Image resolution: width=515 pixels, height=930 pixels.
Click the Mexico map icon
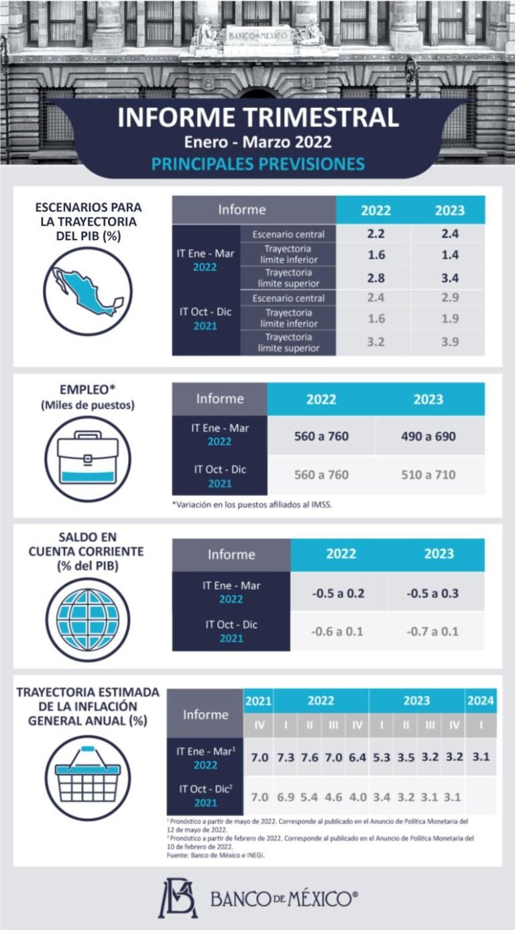pyautogui.click(x=88, y=291)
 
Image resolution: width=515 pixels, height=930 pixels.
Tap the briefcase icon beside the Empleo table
pyautogui.click(x=88, y=459)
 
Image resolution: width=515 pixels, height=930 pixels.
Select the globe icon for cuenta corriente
pyautogui.click(x=88, y=619)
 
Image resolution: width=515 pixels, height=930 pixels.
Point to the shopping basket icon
pyautogui.click(x=88, y=778)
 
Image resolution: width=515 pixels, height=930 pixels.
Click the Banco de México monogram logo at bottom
pyautogui.click(x=178, y=899)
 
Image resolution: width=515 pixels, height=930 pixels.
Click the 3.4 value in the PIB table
pyautogui.click(x=450, y=278)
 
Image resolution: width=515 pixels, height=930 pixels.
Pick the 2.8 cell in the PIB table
pyautogui.click(x=376, y=278)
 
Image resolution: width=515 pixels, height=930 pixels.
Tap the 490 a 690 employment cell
pyautogui.click(x=428, y=436)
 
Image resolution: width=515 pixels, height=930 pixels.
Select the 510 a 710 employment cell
pyautogui.click(x=428, y=474)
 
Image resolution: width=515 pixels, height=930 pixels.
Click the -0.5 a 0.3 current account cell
pyautogui.click(x=433, y=593)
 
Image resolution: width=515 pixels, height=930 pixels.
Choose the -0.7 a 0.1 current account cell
pyautogui.click(x=433, y=631)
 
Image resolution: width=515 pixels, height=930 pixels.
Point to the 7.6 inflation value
pyautogui.click(x=310, y=758)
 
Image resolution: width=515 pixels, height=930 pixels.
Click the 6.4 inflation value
pyautogui.click(x=357, y=758)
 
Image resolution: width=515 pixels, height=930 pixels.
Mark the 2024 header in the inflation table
pyautogui.click(x=481, y=701)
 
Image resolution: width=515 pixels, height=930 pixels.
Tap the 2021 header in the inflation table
pyautogui.click(x=259, y=701)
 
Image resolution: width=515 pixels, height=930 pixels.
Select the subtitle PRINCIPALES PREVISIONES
pyautogui.click(x=257, y=164)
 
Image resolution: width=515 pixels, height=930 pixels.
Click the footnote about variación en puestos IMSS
pyautogui.click(x=252, y=505)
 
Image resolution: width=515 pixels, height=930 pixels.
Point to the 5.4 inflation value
pyautogui.click(x=309, y=797)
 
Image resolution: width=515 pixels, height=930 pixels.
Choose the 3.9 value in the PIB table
pyautogui.click(x=450, y=342)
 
